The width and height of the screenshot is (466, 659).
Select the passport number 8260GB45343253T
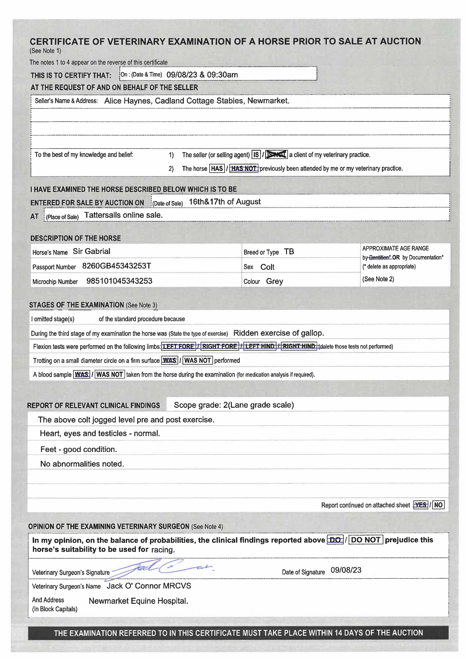(x=117, y=266)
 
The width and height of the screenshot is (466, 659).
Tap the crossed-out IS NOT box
(x=276, y=155)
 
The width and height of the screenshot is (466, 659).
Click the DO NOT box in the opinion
(x=366, y=540)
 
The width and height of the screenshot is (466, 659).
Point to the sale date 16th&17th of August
(x=224, y=202)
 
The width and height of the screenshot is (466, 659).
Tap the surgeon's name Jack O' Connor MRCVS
(x=149, y=586)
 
